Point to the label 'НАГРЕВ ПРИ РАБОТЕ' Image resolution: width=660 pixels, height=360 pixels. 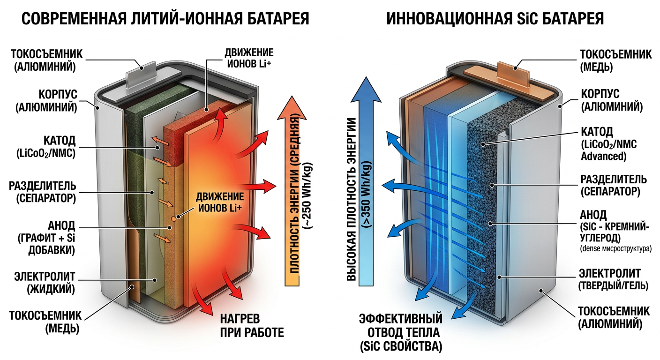click(x=252, y=326)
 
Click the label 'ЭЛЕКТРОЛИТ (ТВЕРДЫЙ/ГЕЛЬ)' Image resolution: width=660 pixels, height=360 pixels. click(x=614, y=279)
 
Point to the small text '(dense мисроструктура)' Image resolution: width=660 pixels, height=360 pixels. click(x=616, y=249)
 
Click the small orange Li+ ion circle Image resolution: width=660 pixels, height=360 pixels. click(x=173, y=218)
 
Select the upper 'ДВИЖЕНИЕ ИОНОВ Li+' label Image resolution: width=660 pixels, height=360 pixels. click(x=249, y=58)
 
